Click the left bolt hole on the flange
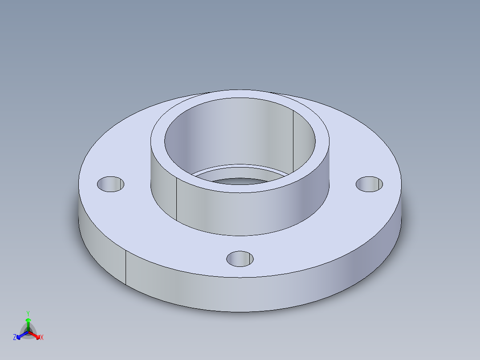tap(110, 184)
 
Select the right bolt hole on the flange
tap(369, 184)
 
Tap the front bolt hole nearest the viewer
tap(240, 258)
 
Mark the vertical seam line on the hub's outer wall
tap(176, 200)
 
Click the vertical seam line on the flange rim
tap(126, 267)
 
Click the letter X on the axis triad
tap(42, 338)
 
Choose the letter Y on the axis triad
tap(28, 313)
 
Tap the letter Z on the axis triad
tap(15, 338)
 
